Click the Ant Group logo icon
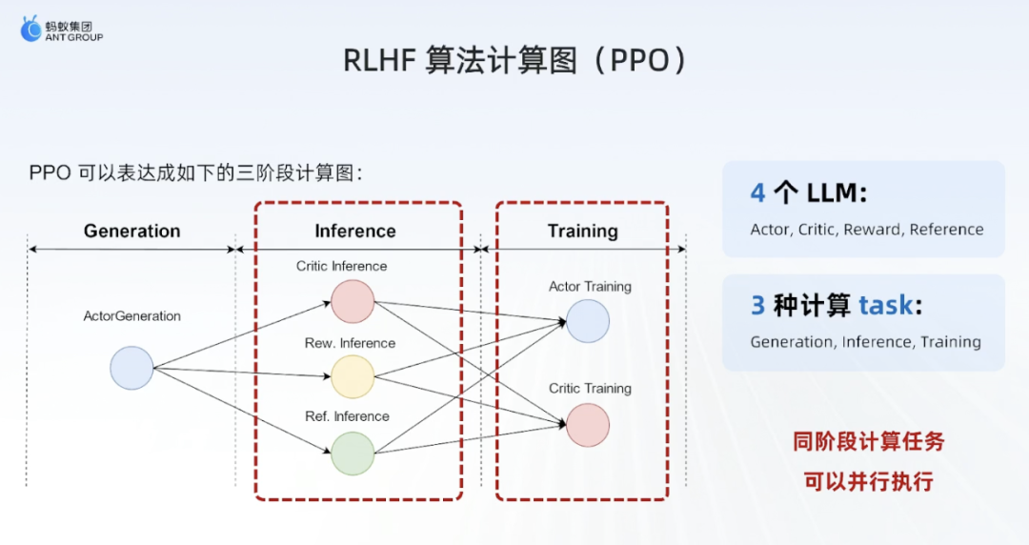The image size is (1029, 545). (x=30, y=29)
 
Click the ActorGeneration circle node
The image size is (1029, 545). (x=131, y=368)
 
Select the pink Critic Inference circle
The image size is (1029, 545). (x=353, y=301)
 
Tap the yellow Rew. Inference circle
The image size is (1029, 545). (x=353, y=377)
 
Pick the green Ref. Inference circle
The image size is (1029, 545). (x=353, y=454)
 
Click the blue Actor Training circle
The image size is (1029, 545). (x=587, y=321)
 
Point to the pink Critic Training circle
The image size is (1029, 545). (x=587, y=425)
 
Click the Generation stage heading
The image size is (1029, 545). (x=131, y=232)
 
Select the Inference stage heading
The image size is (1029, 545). (x=355, y=232)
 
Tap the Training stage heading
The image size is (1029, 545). (x=583, y=232)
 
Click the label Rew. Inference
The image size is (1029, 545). (x=350, y=343)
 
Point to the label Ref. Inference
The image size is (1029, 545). (x=347, y=416)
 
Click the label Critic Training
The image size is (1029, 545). (x=590, y=388)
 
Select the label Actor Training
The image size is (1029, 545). (x=590, y=286)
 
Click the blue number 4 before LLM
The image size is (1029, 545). (x=758, y=193)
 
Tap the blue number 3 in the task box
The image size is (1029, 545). (x=758, y=305)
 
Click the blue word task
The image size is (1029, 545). (x=885, y=305)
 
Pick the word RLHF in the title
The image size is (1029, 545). (x=380, y=60)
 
